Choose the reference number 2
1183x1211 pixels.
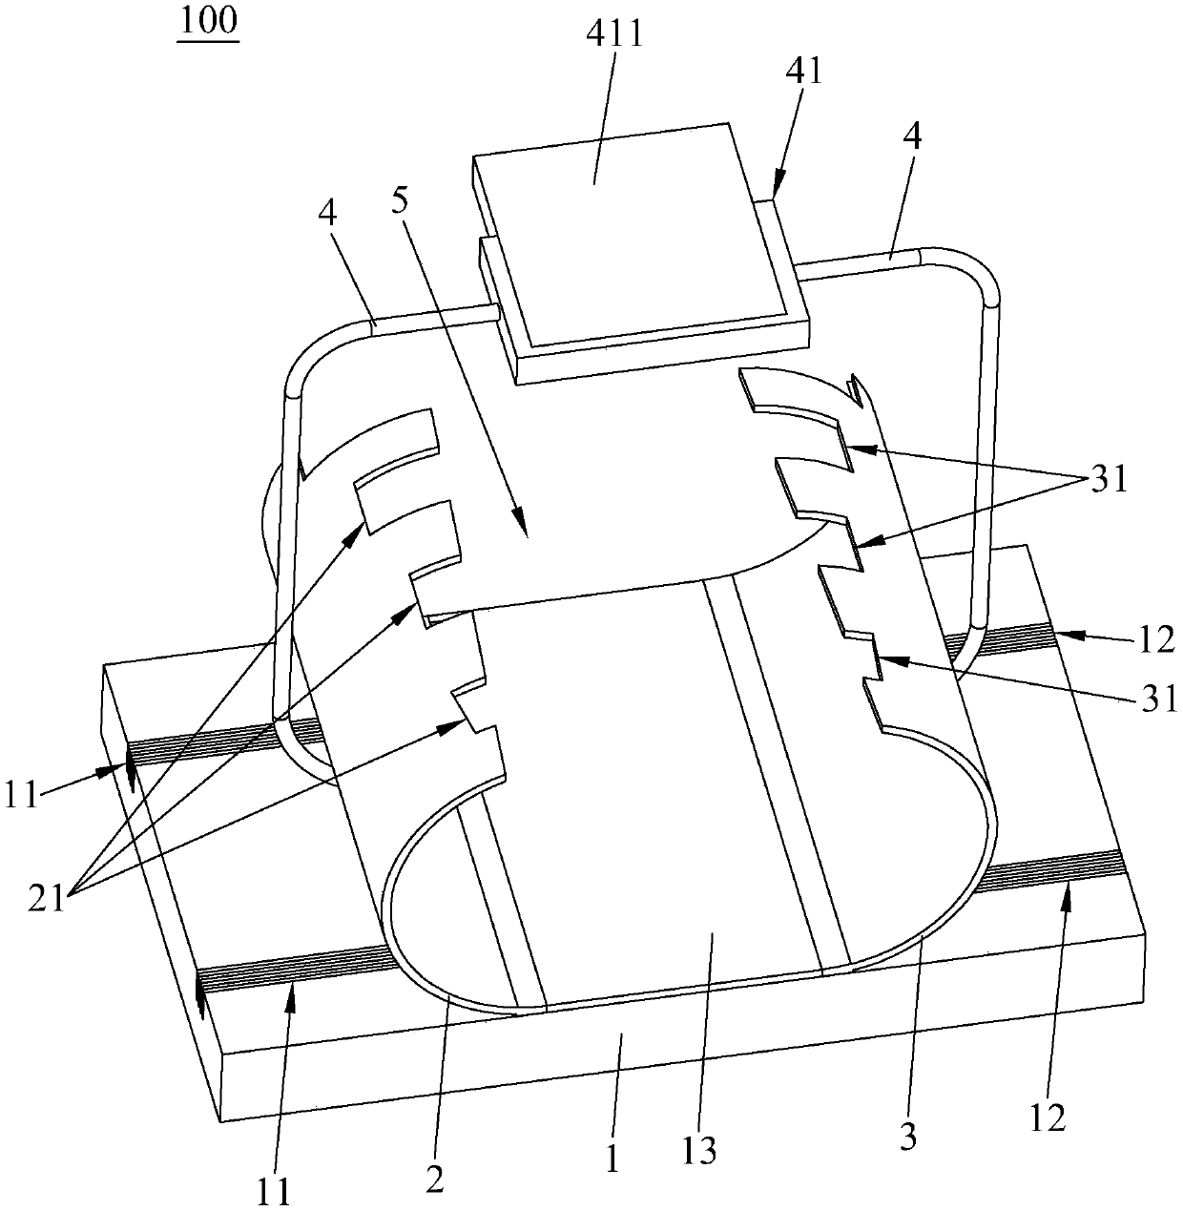point(435,1180)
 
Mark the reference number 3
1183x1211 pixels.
point(907,1138)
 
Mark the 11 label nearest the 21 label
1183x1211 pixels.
point(24,795)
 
